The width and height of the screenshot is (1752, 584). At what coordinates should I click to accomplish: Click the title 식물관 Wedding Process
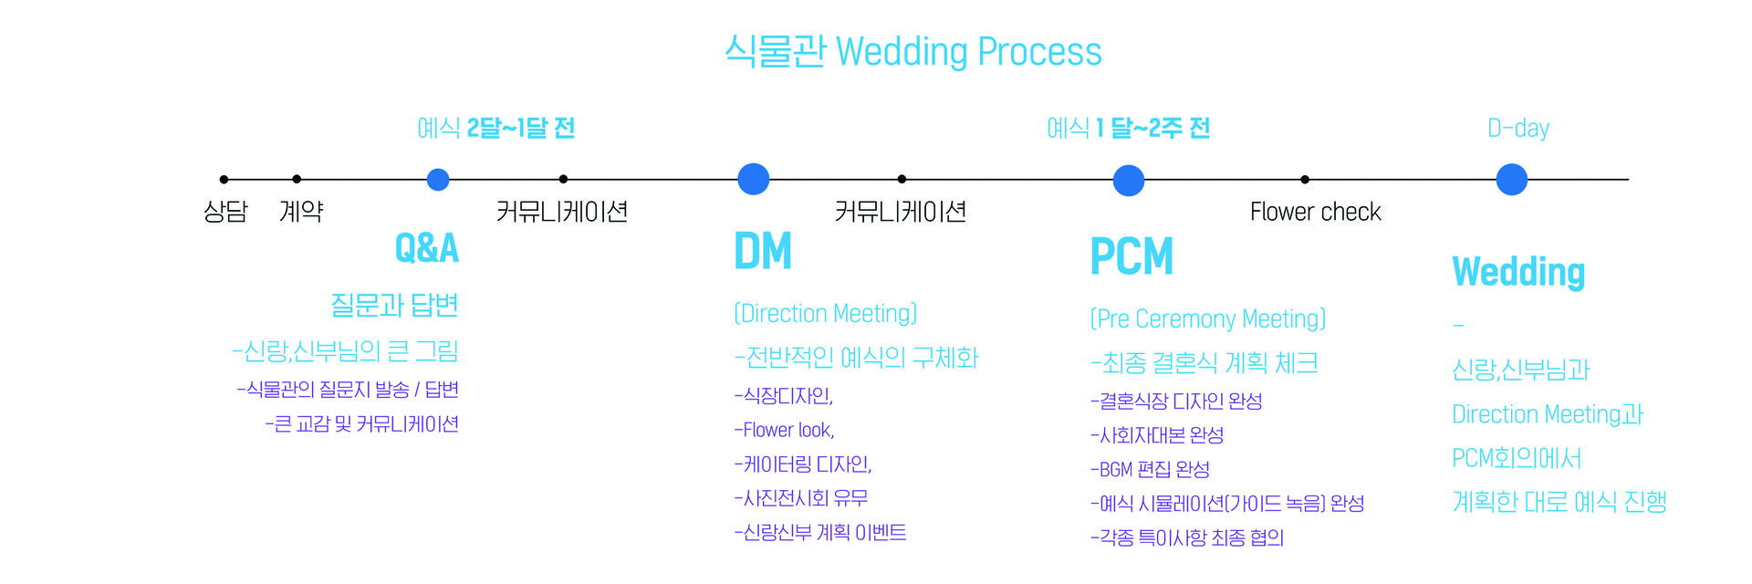click(x=913, y=52)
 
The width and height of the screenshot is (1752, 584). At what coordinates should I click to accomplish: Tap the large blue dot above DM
click(x=754, y=179)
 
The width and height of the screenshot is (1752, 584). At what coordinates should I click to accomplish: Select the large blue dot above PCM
click(x=1129, y=181)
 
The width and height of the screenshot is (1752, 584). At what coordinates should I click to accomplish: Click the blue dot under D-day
click(x=1512, y=180)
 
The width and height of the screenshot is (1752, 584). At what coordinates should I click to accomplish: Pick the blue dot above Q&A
click(x=438, y=180)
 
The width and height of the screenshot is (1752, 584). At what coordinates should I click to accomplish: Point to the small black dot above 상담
click(x=224, y=180)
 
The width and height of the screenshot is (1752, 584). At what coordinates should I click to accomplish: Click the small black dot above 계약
click(x=297, y=180)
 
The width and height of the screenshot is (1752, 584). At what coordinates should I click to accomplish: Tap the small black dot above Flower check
click(x=1305, y=180)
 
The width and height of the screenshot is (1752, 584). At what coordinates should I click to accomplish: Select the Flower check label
click(x=1315, y=212)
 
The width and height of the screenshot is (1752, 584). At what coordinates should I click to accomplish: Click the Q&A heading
click(x=426, y=248)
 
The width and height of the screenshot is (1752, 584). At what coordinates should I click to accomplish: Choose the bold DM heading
click(x=763, y=251)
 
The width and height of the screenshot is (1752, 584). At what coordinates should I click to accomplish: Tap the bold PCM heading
click(x=1131, y=256)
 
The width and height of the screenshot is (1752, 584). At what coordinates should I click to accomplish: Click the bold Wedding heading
click(x=1518, y=272)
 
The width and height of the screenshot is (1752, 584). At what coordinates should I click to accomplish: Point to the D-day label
click(x=1518, y=129)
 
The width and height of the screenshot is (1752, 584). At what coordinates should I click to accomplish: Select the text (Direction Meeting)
click(x=826, y=314)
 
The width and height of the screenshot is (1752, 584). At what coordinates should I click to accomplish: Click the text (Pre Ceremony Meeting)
click(x=1208, y=319)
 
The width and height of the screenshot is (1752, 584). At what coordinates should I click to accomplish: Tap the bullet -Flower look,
click(x=785, y=430)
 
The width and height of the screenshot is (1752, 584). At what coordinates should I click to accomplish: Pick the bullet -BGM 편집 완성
click(x=1151, y=469)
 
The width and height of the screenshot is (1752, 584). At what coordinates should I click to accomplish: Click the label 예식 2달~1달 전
click(x=496, y=128)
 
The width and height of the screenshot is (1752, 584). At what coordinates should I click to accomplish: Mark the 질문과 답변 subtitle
click(x=394, y=305)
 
